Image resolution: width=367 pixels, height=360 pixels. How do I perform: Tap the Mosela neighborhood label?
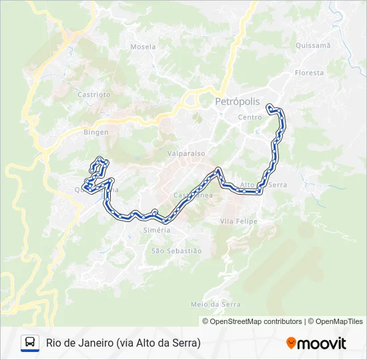pos(143,47)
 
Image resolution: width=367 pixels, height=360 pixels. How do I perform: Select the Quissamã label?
pos(312,45)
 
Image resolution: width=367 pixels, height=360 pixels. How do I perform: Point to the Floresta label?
pos(309,73)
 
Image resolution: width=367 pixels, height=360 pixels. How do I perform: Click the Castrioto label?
pos(94,95)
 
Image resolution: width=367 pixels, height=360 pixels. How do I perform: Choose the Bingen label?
pos(95,132)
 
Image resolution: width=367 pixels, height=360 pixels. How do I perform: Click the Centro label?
pos(250,117)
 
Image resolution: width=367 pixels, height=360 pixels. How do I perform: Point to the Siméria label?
pos(157,230)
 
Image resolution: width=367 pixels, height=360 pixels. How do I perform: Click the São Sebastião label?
pos(176,251)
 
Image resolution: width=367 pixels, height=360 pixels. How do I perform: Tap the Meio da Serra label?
pos(215,304)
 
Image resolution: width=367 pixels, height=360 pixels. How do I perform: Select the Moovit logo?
pos(316,343)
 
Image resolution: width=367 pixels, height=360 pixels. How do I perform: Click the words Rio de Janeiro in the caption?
pos(79,343)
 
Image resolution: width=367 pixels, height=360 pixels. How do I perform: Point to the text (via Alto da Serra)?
pos(158,343)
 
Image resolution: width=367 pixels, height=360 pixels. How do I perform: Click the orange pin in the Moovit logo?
pos(291,343)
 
